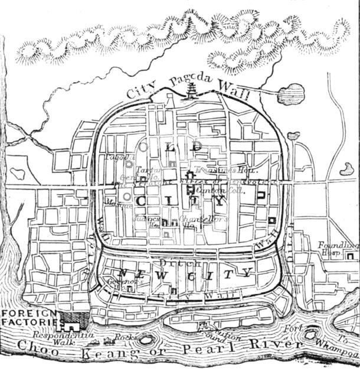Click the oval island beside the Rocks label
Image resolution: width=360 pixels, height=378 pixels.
point(145,339)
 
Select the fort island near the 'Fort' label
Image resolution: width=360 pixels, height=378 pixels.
point(310,335)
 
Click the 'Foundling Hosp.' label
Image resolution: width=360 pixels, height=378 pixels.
point(338,248)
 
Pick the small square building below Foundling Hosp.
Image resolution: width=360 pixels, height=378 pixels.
point(352,256)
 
